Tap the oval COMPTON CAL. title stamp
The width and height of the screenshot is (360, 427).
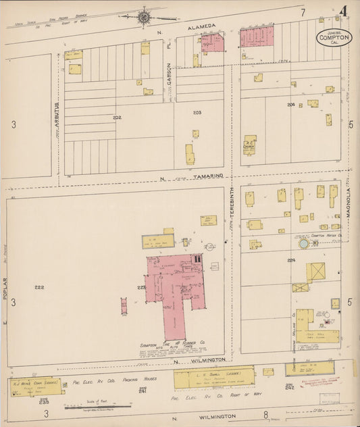[x=334, y=38]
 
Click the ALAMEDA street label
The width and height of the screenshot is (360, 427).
[x=207, y=26]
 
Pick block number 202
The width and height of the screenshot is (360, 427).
[x=117, y=118]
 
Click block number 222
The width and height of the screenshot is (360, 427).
[x=39, y=287]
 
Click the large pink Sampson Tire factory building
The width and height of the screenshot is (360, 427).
[x=174, y=291]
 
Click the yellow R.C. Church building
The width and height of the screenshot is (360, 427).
[x=250, y=144]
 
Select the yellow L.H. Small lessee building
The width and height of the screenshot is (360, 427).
[x=213, y=378]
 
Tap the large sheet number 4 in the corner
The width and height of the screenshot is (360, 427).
[x=344, y=11]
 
